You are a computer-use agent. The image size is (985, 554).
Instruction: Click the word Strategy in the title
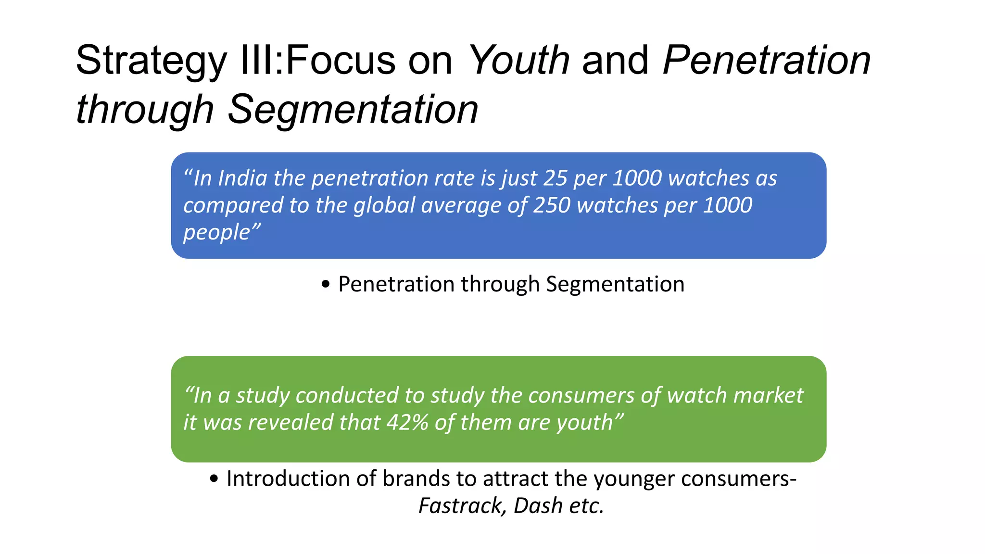coord(151,61)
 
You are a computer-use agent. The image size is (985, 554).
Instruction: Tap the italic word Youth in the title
coord(518,60)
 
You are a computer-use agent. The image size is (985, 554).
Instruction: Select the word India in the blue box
coord(242,178)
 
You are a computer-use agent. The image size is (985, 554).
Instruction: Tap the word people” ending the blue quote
coord(222,233)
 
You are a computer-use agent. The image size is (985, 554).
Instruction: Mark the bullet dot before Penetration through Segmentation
coord(326,285)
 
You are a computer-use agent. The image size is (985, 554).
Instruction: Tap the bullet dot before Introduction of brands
coord(214,479)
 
